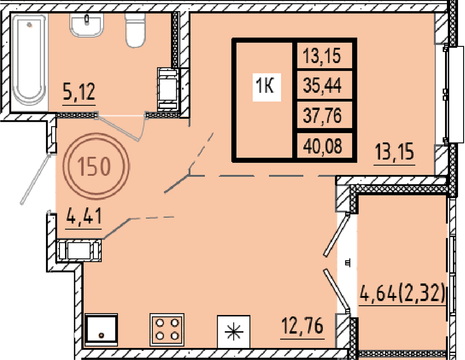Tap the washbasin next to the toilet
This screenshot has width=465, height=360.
coord(87,25)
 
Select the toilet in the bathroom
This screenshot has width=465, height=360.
coord(135,30)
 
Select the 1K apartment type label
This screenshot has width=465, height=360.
coord(265,86)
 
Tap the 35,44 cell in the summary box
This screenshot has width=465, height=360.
coord(322,85)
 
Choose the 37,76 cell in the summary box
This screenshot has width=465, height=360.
coord(322,115)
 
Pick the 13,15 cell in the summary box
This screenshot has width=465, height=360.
coord(322,55)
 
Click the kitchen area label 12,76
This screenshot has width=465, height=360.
coord(303,327)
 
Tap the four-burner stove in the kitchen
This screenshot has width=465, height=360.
coord(167,329)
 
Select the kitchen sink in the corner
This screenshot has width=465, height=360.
coord(101,329)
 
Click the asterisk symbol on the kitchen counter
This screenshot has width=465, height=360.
coord(233,331)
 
